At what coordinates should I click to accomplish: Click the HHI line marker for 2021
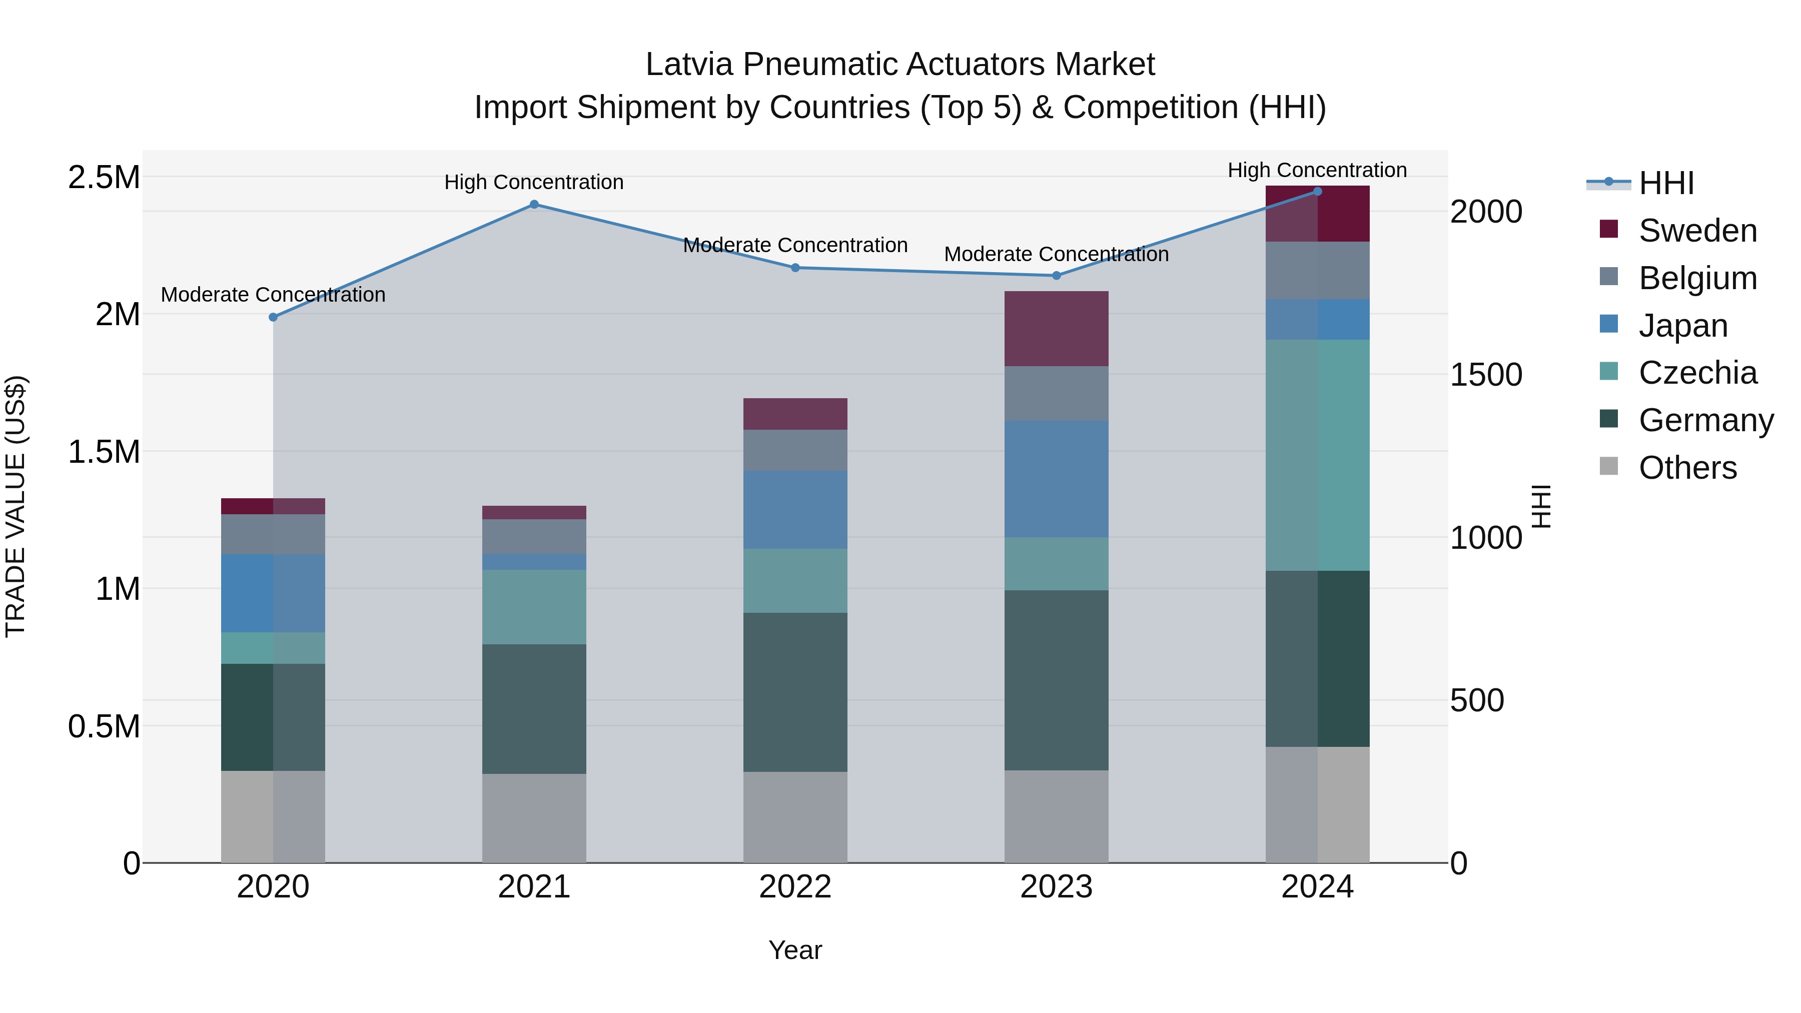(534, 204)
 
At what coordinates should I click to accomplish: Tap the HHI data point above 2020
(273, 317)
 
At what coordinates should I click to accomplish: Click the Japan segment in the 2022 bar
(795, 510)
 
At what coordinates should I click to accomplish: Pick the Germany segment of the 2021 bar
(534, 708)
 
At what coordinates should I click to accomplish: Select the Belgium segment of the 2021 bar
(534, 536)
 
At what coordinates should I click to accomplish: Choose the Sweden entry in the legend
(1697, 231)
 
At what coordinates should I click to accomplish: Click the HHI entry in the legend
(1665, 183)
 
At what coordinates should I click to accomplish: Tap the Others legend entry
(1687, 468)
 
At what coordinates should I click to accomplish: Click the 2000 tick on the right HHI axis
(1486, 212)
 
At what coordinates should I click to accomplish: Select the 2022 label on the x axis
(795, 887)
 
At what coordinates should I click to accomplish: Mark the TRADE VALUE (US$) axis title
(16, 506)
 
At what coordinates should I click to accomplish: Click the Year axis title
(795, 950)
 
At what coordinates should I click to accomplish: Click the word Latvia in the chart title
(689, 65)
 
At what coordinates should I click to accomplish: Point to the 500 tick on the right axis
(1477, 700)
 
